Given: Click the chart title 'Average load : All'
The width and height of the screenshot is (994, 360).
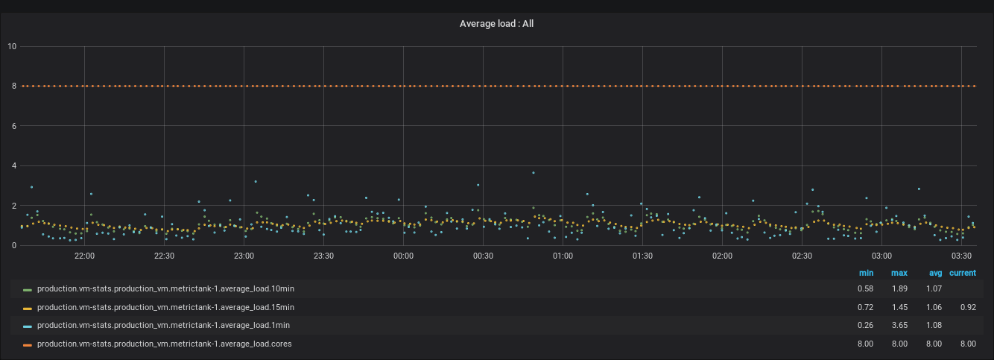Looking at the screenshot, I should click(496, 24).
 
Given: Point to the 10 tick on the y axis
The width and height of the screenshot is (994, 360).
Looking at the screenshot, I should click(12, 47).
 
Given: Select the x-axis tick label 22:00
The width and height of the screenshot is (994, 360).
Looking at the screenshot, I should click(84, 256).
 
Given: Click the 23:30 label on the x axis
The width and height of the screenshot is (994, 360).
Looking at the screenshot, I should click(323, 256).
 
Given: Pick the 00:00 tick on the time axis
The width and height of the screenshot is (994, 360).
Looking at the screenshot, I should click(403, 256).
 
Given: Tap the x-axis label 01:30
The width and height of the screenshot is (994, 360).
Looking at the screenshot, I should click(642, 256).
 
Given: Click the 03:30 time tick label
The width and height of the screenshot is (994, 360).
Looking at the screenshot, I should click(961, 256).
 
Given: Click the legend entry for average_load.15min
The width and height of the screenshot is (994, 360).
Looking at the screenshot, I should click(165, 307).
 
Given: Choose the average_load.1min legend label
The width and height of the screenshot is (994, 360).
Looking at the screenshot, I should click(163, 326).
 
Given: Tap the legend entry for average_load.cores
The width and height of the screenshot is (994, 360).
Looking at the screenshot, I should click(164, 344).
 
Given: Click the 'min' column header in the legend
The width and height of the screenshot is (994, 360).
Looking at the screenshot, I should click(866, 274).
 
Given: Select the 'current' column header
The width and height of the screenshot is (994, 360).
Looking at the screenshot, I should click(962, 274).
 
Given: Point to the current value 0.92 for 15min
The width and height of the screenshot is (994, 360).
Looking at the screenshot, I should click(967, 307).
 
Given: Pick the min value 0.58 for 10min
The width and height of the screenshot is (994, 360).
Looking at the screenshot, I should click(865, 288).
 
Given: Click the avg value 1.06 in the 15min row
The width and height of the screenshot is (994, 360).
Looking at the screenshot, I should click(934, 307).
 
